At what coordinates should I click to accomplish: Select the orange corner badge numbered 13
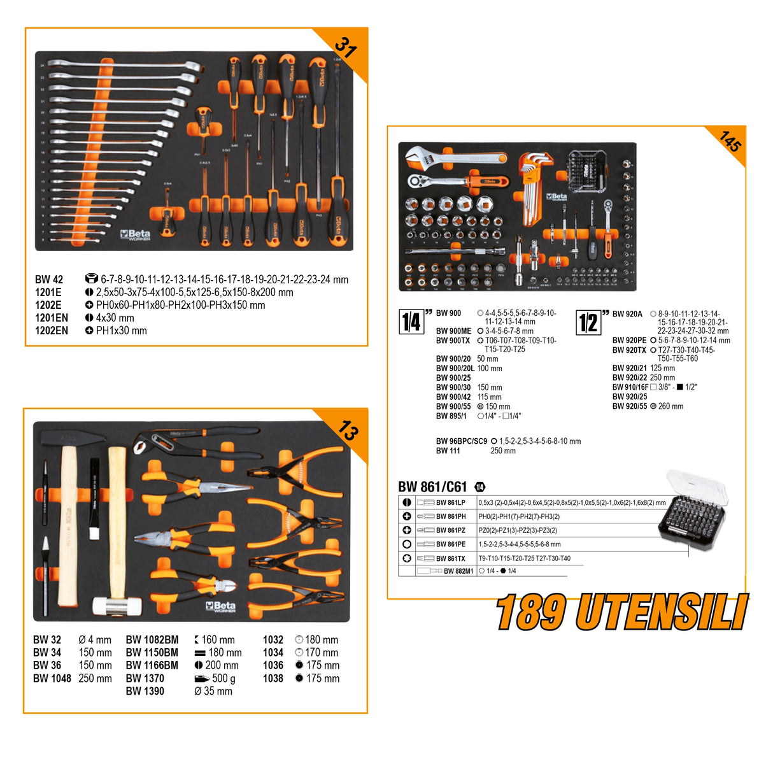348,431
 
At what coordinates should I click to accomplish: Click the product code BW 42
49,280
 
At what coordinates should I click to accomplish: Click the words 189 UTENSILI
622,613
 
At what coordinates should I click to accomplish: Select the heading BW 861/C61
433,487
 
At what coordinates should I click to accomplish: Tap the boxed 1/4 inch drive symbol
411,322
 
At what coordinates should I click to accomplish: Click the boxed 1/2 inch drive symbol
588,322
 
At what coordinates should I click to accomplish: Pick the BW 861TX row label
450,558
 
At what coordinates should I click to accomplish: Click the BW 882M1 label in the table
458,571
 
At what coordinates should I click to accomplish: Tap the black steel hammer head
73,438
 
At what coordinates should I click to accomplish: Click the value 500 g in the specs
223,679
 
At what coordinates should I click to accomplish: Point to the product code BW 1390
145,691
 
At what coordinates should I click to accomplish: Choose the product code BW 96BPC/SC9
461,441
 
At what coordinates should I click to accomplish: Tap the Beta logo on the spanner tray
135,235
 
